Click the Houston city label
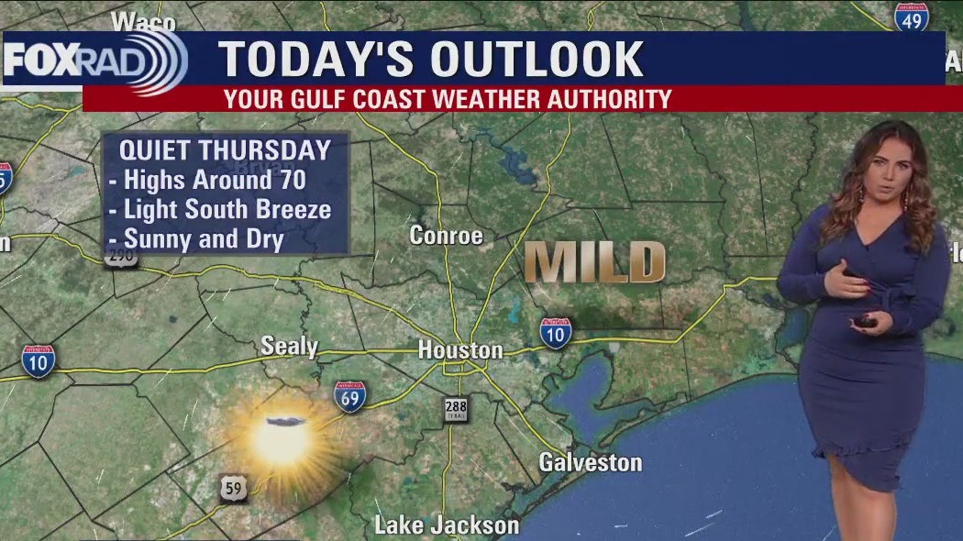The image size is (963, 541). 460,350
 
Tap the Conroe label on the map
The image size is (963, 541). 446,236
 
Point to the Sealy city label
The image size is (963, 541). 289,347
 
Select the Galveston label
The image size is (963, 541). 590,461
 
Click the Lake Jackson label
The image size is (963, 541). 447,525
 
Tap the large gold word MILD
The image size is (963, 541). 595,263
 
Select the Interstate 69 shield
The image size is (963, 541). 349,396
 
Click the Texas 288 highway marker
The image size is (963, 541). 456,409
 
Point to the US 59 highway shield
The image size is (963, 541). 233,488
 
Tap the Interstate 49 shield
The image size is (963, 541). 912,17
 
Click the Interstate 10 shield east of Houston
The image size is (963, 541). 555,332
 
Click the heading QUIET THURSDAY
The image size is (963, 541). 225,150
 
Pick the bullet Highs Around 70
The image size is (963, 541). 215,180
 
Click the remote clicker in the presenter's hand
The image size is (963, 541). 865,321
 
